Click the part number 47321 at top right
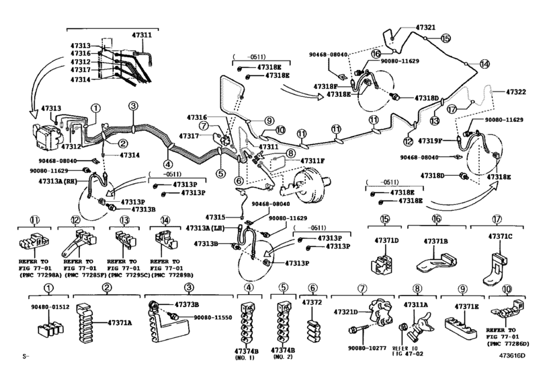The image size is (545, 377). coord(425,28)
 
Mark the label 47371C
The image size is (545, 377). coord(499,236)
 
